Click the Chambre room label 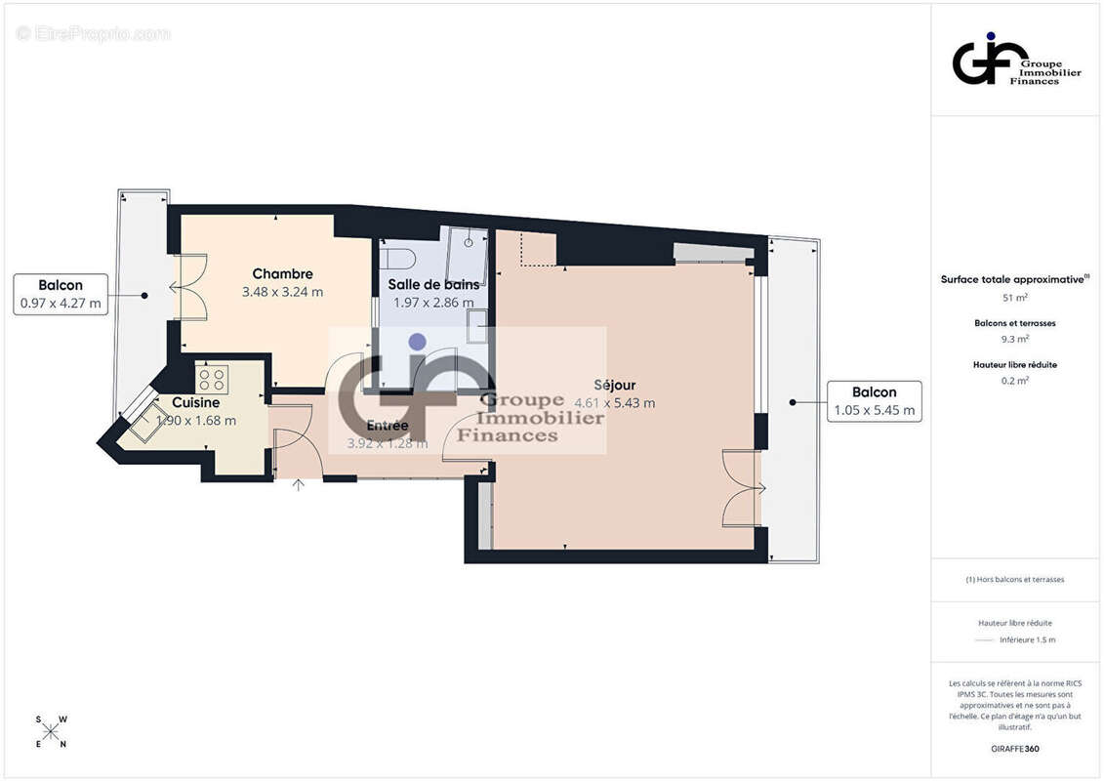(x=282, y=273)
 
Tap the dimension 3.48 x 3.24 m (x=282, y=291)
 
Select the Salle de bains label (x=433, y=284)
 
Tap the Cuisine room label (x=195, y=402)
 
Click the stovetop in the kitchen (x=212, y=379)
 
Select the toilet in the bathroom (x=398, y=259)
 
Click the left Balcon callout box (x=61, y=294)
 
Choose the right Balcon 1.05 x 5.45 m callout (x=874, y=401)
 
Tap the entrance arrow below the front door (x=298, y=485)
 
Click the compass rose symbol (x=51, y=732)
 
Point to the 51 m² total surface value (x=1015, y=298)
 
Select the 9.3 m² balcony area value (x=1015, y=340)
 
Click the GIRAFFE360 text (x=1015, y=750)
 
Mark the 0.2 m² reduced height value (x=1015, y=382)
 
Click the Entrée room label (x=388, y=426)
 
